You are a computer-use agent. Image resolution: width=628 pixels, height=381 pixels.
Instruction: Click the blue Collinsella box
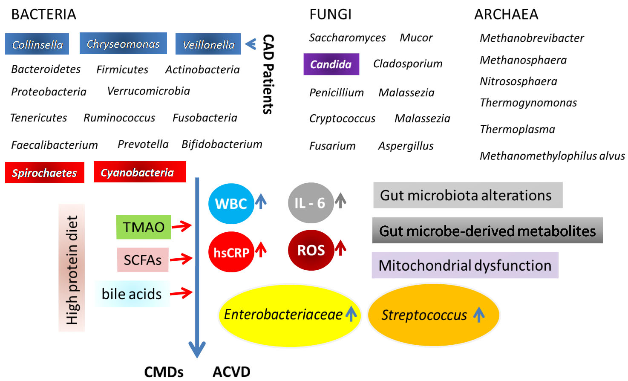pyautogui.click(x=37, y=44)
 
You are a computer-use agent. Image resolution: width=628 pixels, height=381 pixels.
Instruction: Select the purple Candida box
pyautogui.click(x=331, y=64)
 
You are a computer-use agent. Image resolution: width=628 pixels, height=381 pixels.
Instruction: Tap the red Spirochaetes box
pyautogui.click(x=45, y=173)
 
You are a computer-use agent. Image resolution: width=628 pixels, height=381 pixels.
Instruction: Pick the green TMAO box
pyautogui.click(x=144, y=227)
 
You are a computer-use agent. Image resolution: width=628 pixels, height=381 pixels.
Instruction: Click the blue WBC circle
pyautogui.click(x=231, y=204)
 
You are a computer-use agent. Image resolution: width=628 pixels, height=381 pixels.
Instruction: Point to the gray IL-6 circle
pyautogui.click(x=311, y=203)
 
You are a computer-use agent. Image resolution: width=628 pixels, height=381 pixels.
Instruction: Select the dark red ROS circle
pyautogui.click(x=311, y=250)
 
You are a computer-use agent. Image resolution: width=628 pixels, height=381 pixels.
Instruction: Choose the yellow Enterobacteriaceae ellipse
pyautogui.click(x=290, y=315)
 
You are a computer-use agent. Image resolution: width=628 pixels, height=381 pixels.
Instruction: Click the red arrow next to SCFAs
pyautogui.click(x=181, y=259)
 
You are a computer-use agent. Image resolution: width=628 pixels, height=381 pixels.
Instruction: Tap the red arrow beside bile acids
pyautogui.click(x=181, y=293)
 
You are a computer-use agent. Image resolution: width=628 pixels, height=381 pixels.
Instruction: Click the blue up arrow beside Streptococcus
pyautogui.click(x=479, y=314)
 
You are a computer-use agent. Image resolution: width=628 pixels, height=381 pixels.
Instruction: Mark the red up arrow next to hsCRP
pyautogui.click(x=261, y=249)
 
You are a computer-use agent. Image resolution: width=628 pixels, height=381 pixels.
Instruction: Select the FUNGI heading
pyautogui.click(x=330, y=14)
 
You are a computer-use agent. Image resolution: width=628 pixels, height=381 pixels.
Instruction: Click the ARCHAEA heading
pyautogui.click(x=506, y=14)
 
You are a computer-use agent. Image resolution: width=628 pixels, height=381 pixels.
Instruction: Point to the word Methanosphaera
pyautogui.click(x=523, y=60)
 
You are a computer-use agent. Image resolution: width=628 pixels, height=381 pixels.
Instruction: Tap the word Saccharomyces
pyautogui.click(x=347, y=38)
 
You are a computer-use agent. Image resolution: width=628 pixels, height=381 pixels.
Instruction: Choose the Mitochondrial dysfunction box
pyautogui.click(x=465, y=265)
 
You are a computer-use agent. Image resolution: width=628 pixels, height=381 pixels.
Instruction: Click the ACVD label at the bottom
pyautogui.click(x=231, y=372)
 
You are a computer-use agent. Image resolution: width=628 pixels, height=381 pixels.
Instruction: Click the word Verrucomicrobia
pyautogui.click(x=149, y=91)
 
